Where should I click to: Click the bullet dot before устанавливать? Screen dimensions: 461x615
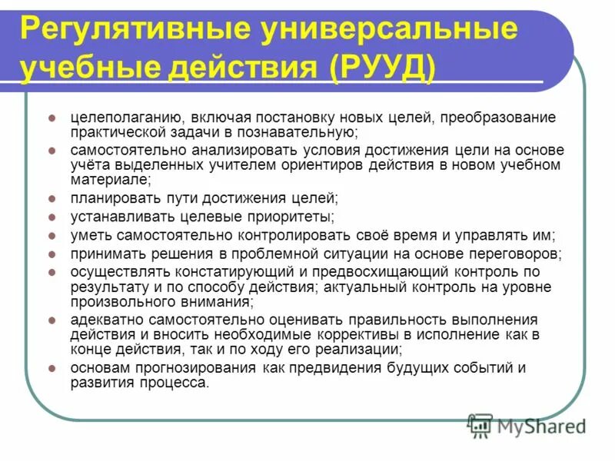point(51,217)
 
